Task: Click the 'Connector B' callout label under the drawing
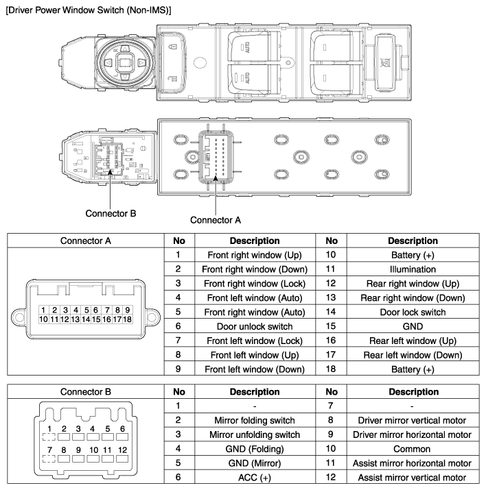(x=111, y=212)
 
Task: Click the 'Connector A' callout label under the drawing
(x=215, y=220)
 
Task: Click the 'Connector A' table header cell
(x=85, y=241)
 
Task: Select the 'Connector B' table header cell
(x=85, y=391)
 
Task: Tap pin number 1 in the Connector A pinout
(x=43, y=310)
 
